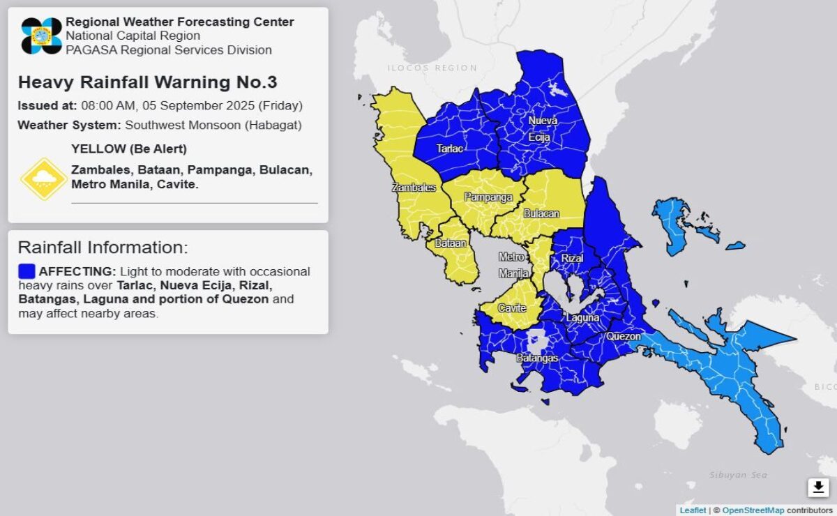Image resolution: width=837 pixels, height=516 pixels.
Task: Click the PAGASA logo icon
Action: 41,36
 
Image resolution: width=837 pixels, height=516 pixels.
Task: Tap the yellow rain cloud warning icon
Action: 43,179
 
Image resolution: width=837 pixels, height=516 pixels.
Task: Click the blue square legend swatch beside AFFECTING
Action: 27,271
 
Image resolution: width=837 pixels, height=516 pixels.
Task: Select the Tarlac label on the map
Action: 448,149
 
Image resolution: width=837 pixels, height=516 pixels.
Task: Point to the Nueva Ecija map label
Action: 542,129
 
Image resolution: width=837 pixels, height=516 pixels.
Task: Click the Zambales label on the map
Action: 414,188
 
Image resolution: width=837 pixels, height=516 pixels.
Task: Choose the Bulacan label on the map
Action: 541,213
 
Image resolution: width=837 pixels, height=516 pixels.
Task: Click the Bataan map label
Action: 446,243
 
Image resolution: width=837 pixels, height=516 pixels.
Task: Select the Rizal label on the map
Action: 572,258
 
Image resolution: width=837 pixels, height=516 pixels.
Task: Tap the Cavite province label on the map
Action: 512,308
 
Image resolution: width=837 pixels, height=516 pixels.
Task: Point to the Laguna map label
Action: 582,318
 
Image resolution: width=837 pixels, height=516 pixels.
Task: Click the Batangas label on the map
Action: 536,358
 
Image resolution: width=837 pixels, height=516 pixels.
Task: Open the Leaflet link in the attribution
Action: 693,510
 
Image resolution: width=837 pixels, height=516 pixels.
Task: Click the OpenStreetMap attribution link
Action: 753,510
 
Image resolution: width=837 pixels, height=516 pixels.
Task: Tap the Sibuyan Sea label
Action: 738,475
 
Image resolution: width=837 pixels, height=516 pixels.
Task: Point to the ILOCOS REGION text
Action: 432,68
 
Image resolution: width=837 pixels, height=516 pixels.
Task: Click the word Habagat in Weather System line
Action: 280,126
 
